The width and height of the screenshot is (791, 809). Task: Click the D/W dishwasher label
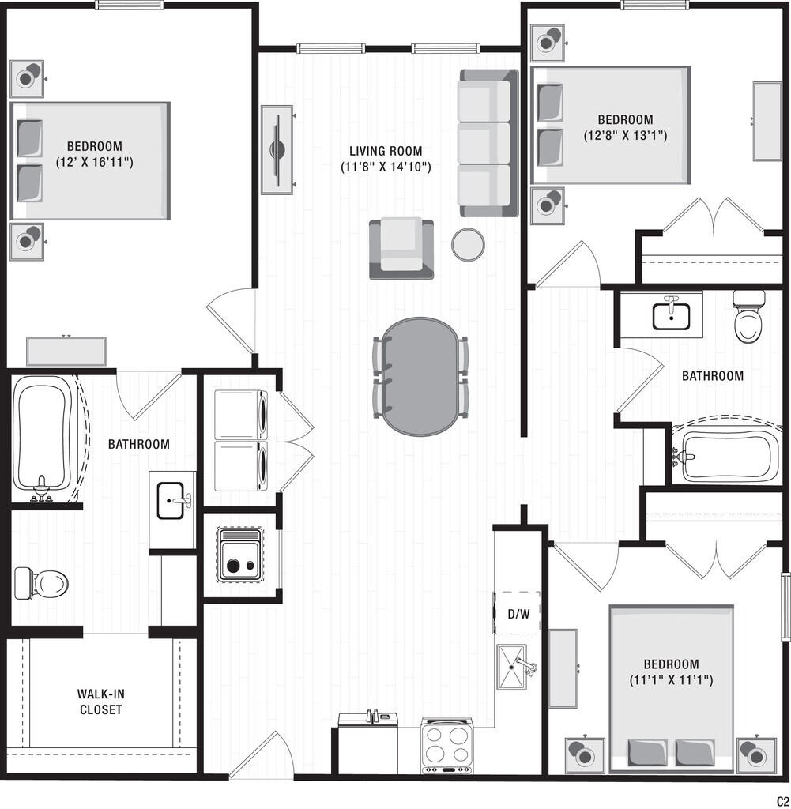(x=518, y=613)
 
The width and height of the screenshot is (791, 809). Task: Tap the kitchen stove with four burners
(x=447, y=745)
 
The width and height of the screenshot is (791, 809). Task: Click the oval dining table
(x=420, y=376)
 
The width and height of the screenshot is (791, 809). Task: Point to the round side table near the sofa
(x=467, y=244)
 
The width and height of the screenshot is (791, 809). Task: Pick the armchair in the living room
(x=401, y=247)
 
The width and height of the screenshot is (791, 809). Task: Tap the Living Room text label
(x=386, y=151)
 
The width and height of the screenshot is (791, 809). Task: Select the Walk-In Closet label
(x=100, y=702)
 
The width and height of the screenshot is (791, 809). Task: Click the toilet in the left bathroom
(x=41, y=583)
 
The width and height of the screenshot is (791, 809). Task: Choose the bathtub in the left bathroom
(x=44, y=438)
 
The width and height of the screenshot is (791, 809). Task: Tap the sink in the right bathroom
(x=672, y=314)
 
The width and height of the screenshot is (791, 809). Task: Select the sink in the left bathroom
(x=173, y=501)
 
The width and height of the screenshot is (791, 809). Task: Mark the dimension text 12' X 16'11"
(x=93, y=162)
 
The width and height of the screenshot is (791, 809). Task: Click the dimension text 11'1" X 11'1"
(x=671, y=679)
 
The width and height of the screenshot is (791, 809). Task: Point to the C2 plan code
(x=782, y=800)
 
